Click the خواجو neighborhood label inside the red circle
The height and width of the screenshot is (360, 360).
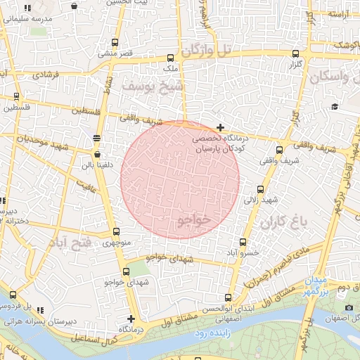(x=195, y=220)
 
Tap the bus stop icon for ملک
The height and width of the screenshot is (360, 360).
(x=171, y=58)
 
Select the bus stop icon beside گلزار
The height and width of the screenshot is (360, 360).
(x=295, y=53)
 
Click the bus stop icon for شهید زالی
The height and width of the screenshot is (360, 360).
(x=261, y=189)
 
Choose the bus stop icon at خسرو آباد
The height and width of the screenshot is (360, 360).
(x=244, y=242)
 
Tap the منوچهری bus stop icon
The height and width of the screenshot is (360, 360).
(x=116, y=232)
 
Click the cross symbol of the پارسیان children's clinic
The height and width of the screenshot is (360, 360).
(x=221, y=128)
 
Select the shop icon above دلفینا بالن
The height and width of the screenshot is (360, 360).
(x=97, y=154)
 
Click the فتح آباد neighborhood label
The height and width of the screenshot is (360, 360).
(x=70, y=243)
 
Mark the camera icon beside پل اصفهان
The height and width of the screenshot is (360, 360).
(x=349, y=308)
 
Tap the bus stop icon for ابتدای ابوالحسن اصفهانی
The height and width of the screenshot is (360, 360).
(x=227, y=297)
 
